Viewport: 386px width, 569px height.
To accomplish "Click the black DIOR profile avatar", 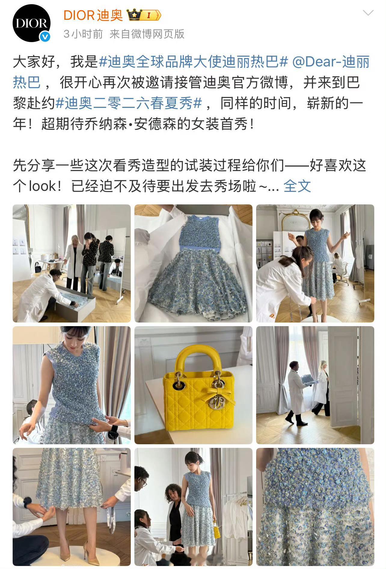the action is tap(31, 23).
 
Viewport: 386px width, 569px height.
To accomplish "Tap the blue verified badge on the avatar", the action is tap(45, 37).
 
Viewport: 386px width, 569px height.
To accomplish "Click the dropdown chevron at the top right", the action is tap(368, 13).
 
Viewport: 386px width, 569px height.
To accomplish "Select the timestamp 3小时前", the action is tap(83, 34).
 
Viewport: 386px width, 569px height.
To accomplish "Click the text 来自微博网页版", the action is tap(147, 34).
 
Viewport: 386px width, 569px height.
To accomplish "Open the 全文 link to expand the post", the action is tap(297, 186).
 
